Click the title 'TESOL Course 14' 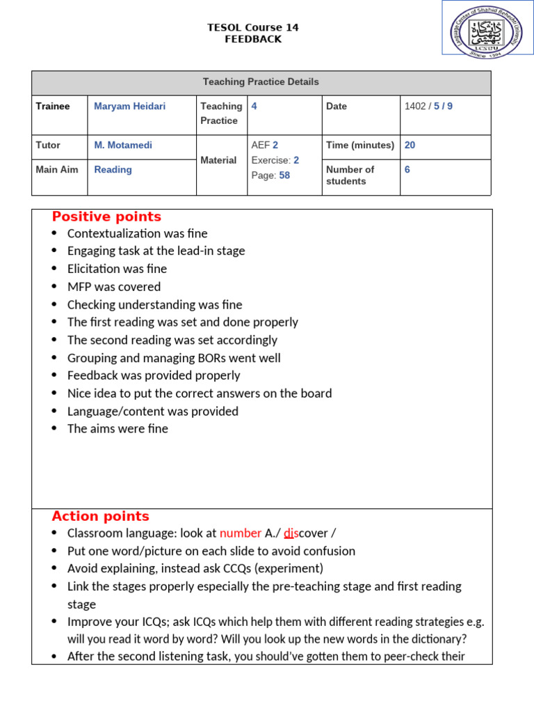pos(253,28)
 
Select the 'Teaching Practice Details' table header pos(261,82)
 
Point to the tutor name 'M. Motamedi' pos(123,146)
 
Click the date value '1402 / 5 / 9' pos(428,107)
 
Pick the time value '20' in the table pos(410,146)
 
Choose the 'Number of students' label pos(350,175)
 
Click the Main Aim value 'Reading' pos(113,170)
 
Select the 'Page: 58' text pos(270,175)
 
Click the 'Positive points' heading pos(106,217)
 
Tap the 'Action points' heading pos(100,517)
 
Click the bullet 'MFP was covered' pos(114,287)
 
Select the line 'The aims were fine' pos(118,429)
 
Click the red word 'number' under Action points pos(241,533)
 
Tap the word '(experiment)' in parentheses pos(289,569)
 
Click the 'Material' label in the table pos(218,160)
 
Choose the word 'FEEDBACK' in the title pos(253,40)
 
